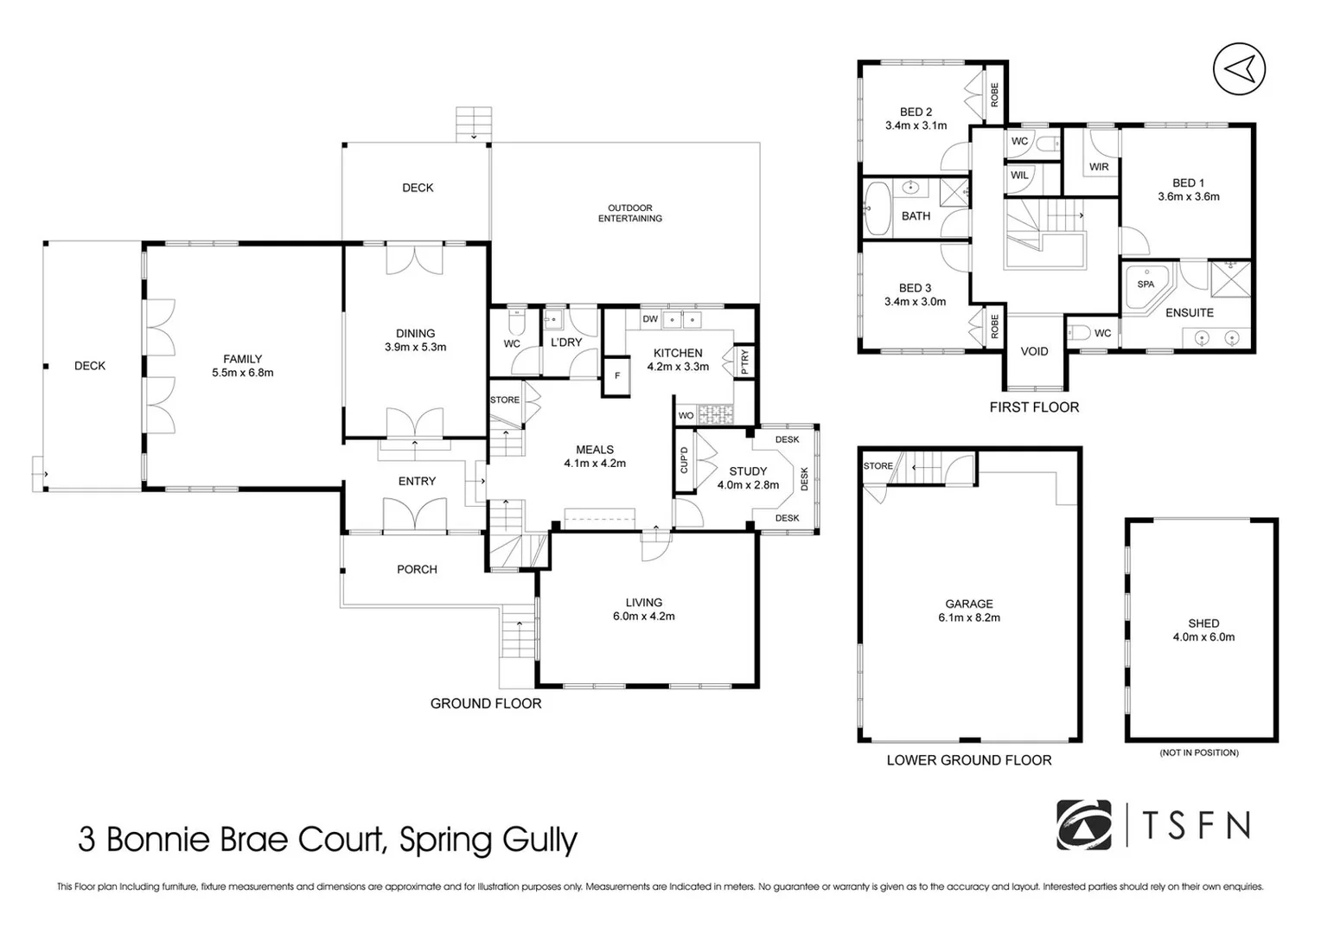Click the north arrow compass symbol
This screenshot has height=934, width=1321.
pyautogui.click(x=1239, y=68)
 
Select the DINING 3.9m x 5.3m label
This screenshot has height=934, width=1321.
pyautogui.click(x=415, y=340)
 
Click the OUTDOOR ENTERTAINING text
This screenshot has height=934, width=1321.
pyautogui.click(x=629, y=213)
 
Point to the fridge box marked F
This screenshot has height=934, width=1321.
pyautogui.click(x=616, y=376)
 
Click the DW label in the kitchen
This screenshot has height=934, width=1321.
pyautogui.click(x=650, y=319)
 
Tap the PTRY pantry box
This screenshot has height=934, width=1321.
pyautogui.click(x=744, y=361)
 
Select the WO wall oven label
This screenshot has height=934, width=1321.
pyautogui.click(x=686, y=416)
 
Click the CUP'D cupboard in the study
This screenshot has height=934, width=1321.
pyautogui.click(x=684, y=459)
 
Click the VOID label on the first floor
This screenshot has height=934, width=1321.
pyautogui.click(x=1034, y=351)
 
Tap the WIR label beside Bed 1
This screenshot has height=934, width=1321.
pyautogui.click(x=1099, y=167)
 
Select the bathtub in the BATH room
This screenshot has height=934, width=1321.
pyautogui.click(x=877, y=208)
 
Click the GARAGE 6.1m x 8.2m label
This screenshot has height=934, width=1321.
pyautogui.click(x=968, y=611)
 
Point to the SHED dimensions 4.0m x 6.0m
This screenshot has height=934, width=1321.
pyautogui.click(x=1203, y=637)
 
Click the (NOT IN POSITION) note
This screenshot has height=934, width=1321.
pyautogui.click(x=1199, y=752)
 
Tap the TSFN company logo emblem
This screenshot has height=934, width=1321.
pyautogui.click(x=1084, y=824)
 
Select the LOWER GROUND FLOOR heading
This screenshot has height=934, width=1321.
pyautogui.click(x=968, y=760)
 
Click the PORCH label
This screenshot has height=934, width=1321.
pyautogui.click(x=417, y=569)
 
